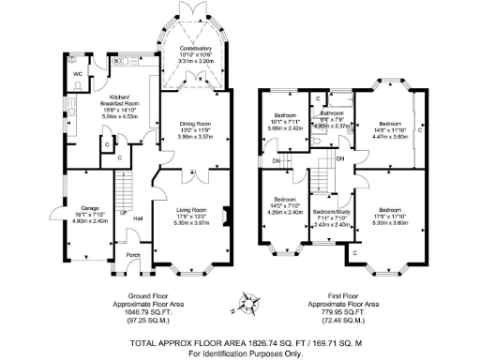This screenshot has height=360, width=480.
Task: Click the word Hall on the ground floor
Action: [138, 217]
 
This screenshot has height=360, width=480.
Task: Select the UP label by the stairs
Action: [122, 212]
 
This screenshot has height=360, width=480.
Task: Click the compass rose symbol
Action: [247, 302]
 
